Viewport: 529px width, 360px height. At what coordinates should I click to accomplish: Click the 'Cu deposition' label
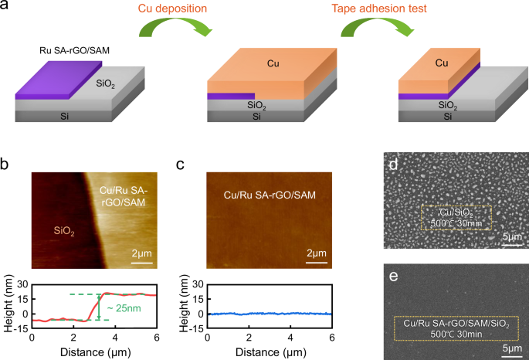coord(173,9)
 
